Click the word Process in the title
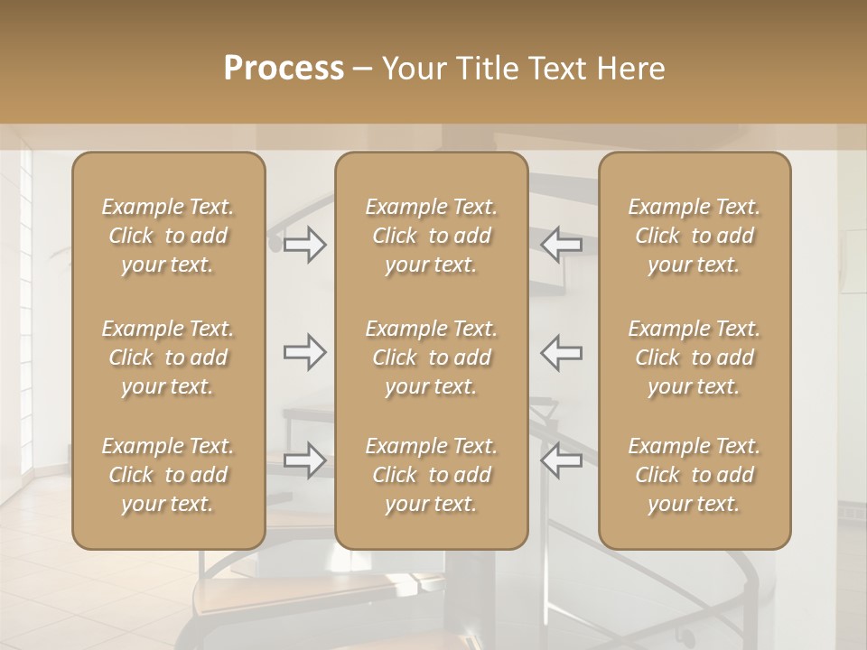point(284,69)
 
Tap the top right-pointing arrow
point(305,244)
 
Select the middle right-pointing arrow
point(305,352)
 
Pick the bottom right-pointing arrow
point(305,460)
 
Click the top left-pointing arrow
point(561,244)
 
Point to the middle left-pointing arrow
point(561,352)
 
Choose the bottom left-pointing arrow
point(561,460)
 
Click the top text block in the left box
point(168,236)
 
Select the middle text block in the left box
point(168,357)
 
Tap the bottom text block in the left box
point(168,475)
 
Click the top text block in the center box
point(432,236)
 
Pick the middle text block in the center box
point(432,357)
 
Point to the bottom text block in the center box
point(432,475)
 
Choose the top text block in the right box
point(695,236)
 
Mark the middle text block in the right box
point(695,357)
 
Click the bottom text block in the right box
point(695,475)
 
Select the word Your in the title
point(411,69)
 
